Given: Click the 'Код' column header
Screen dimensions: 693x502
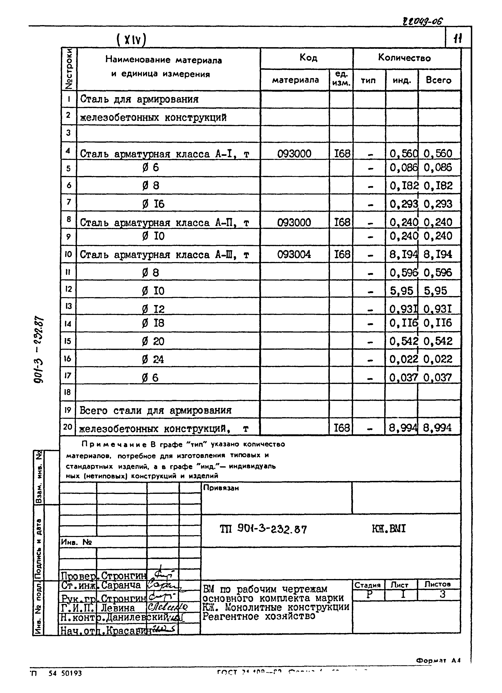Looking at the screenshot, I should click(x=308, y=57).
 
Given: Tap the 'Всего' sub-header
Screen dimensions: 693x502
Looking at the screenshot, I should click(x=438, y=80).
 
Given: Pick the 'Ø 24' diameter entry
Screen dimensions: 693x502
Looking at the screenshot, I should click(x=153, y=359).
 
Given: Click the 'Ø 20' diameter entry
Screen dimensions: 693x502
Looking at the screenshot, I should click(x=153, y=341).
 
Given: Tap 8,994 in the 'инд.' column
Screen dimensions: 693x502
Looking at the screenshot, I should click(x=403, y=428).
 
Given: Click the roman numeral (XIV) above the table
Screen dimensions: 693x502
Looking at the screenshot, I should click(x=131, y=40).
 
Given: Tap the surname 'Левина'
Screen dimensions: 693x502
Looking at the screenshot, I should click(x=118, y=608).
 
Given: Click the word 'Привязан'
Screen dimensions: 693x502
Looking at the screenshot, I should click(x=221, y=488).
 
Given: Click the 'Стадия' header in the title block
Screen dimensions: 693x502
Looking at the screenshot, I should click(x=368, y=585).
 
